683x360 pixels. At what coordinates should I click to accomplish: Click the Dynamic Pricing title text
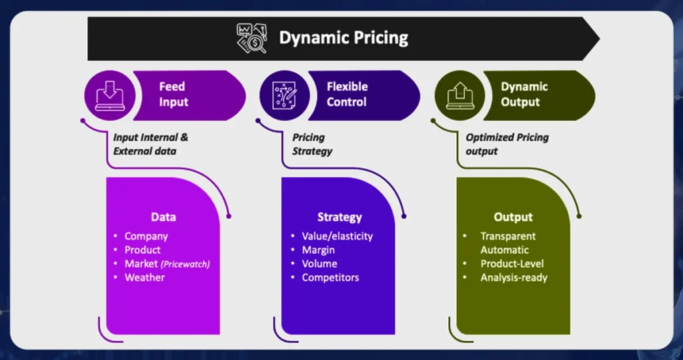pos(344,37)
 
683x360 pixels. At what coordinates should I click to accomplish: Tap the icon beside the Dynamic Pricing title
pos(251,38)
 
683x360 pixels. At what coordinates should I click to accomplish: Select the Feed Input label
pos(173,94)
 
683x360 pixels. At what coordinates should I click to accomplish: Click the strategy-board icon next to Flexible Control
pos(280,94)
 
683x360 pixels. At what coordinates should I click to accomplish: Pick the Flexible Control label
pos(346,94)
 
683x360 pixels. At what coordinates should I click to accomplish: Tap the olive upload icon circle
pos(455,94)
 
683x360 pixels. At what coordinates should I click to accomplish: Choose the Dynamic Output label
pos(524,94)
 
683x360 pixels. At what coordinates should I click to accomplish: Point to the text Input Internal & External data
pos(151,144)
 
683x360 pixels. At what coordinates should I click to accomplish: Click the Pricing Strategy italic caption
pos(311,144)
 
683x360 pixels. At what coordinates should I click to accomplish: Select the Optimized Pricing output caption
pos(507,144)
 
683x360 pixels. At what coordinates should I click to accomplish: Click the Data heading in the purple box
pos(163,217)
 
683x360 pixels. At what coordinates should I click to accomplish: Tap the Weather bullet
pos(144,277)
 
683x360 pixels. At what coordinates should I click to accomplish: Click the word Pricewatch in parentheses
pos(187,264)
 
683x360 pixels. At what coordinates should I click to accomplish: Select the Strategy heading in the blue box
pos(339,217)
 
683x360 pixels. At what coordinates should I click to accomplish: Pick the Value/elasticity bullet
pos(337,236)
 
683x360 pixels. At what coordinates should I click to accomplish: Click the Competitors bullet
pos(330,277)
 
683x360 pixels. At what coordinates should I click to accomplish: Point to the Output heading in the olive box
pos(513,217)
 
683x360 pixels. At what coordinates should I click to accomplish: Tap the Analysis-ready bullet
pos(514,277)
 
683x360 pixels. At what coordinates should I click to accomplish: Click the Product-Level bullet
pos(512,264)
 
